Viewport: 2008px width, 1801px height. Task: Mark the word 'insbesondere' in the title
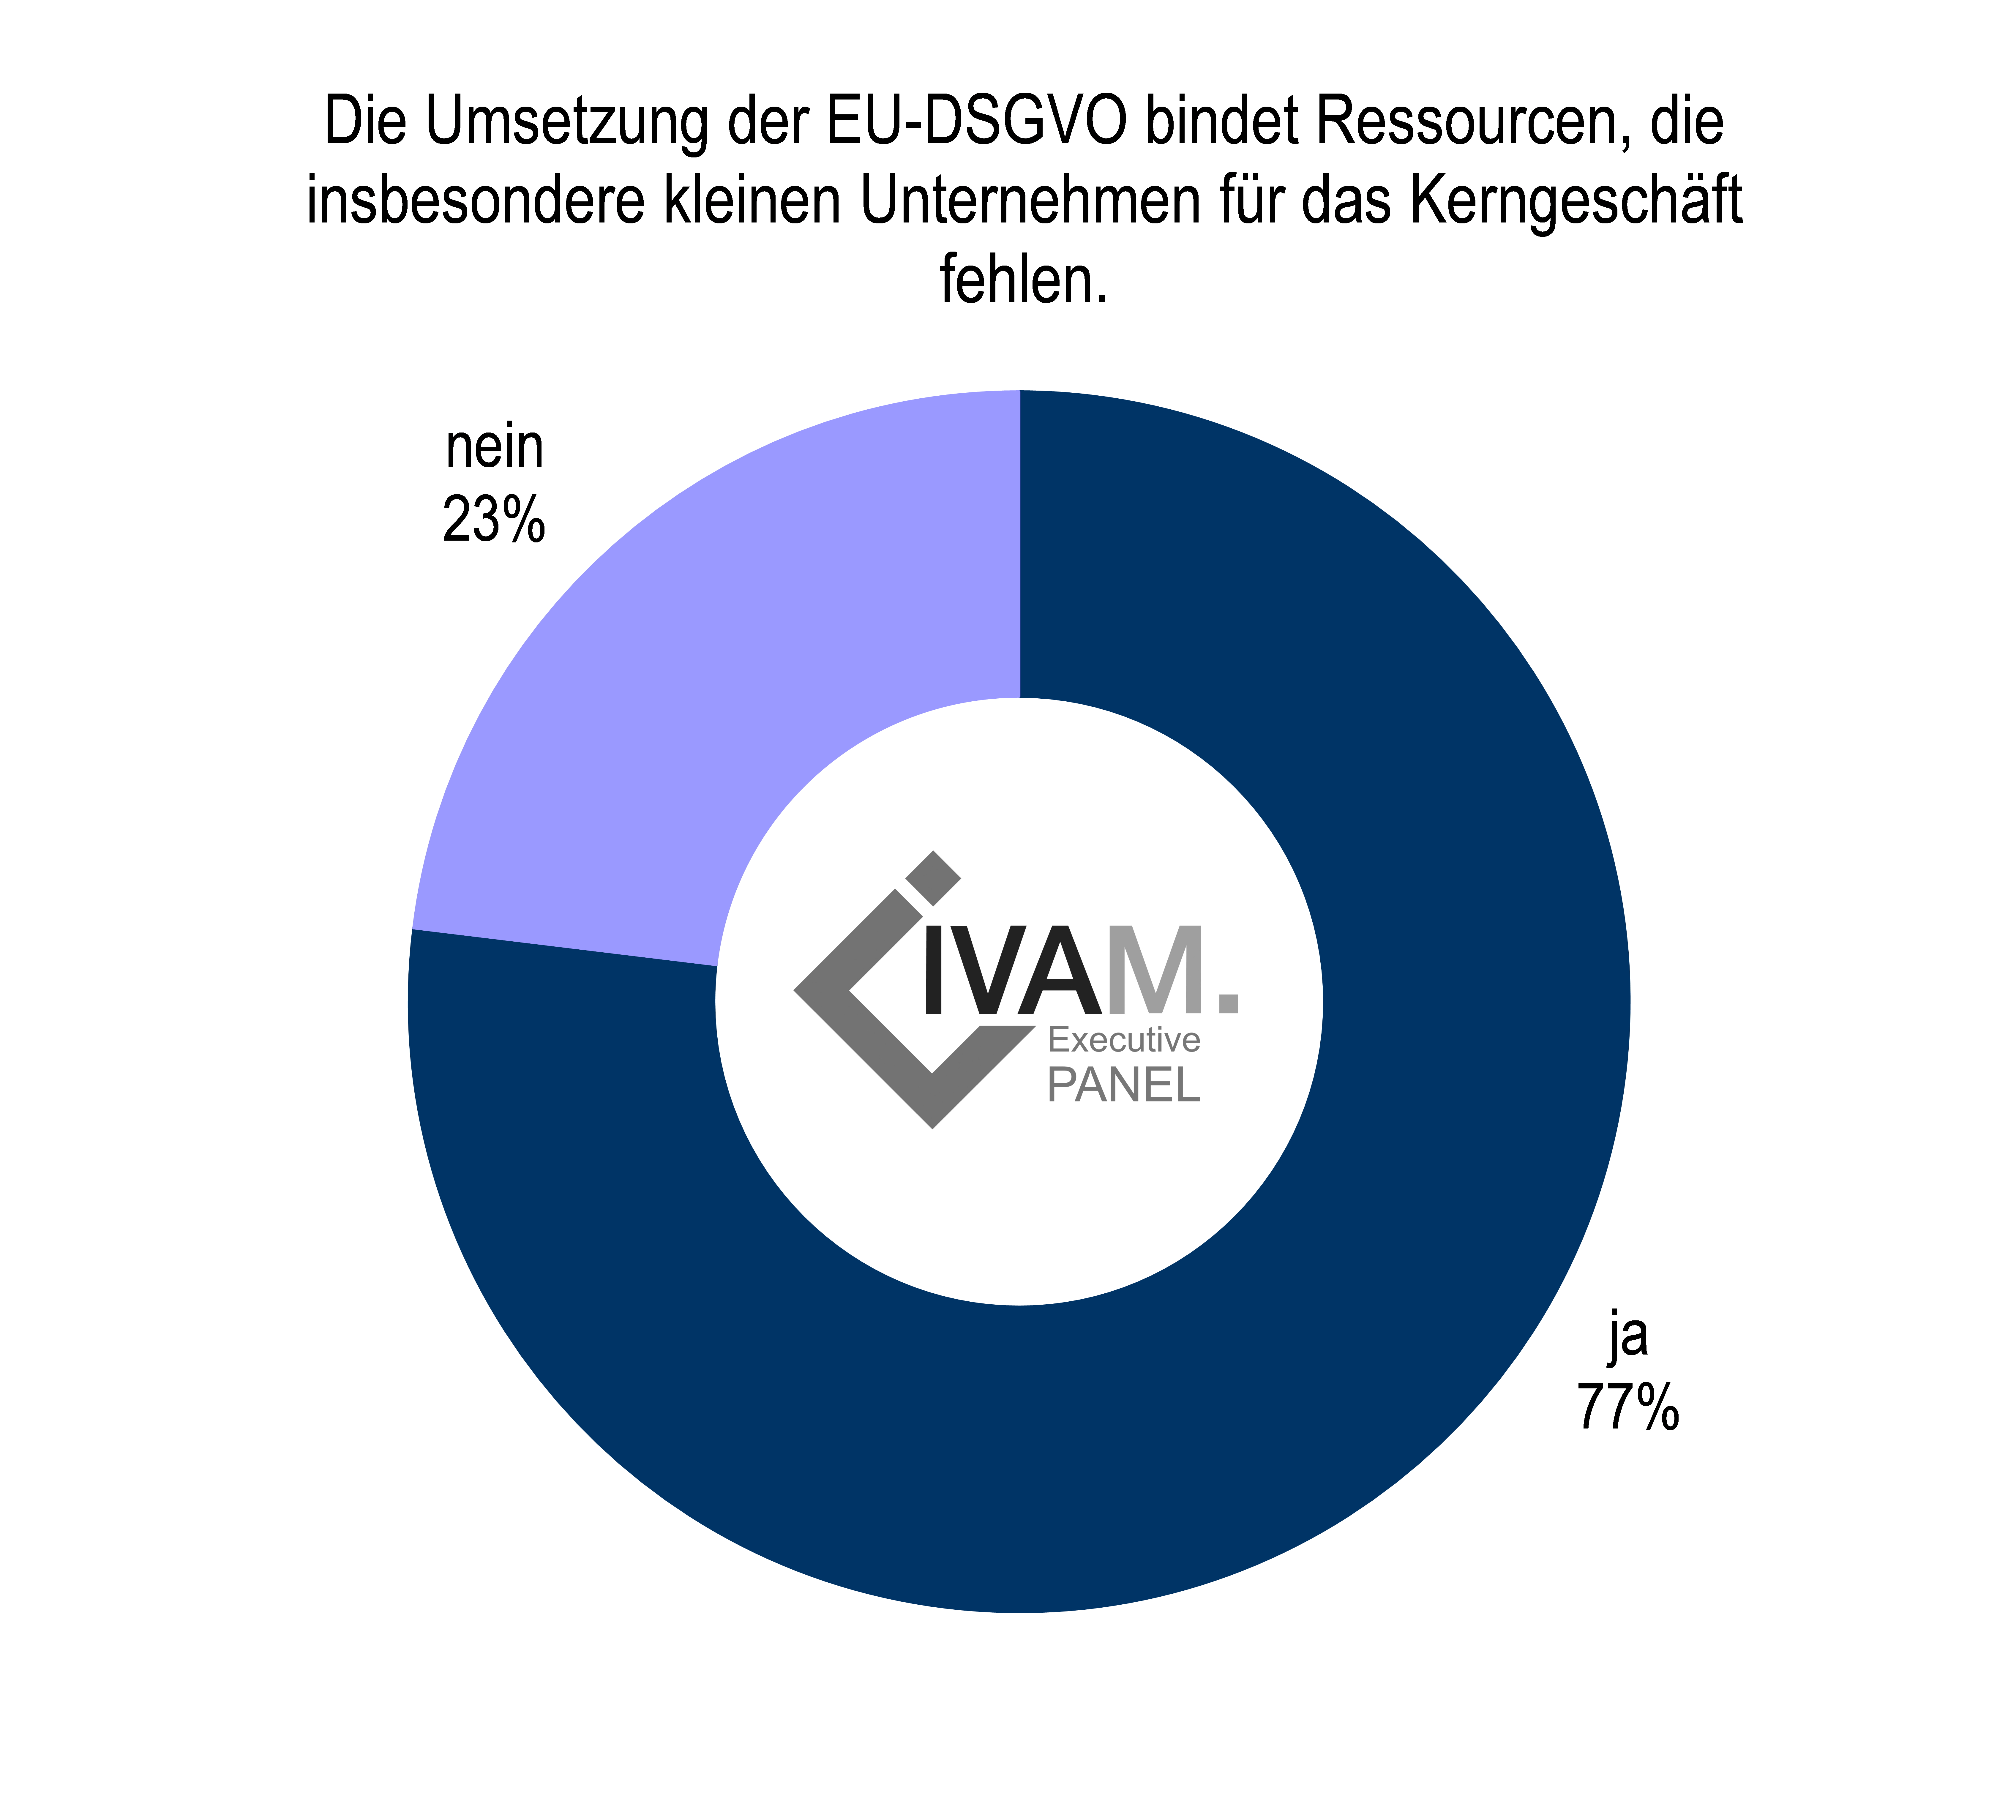(x=475, y=201)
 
